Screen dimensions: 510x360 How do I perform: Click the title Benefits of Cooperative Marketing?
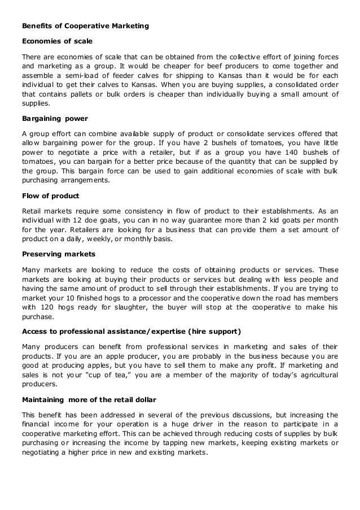[x=85, y=25]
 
